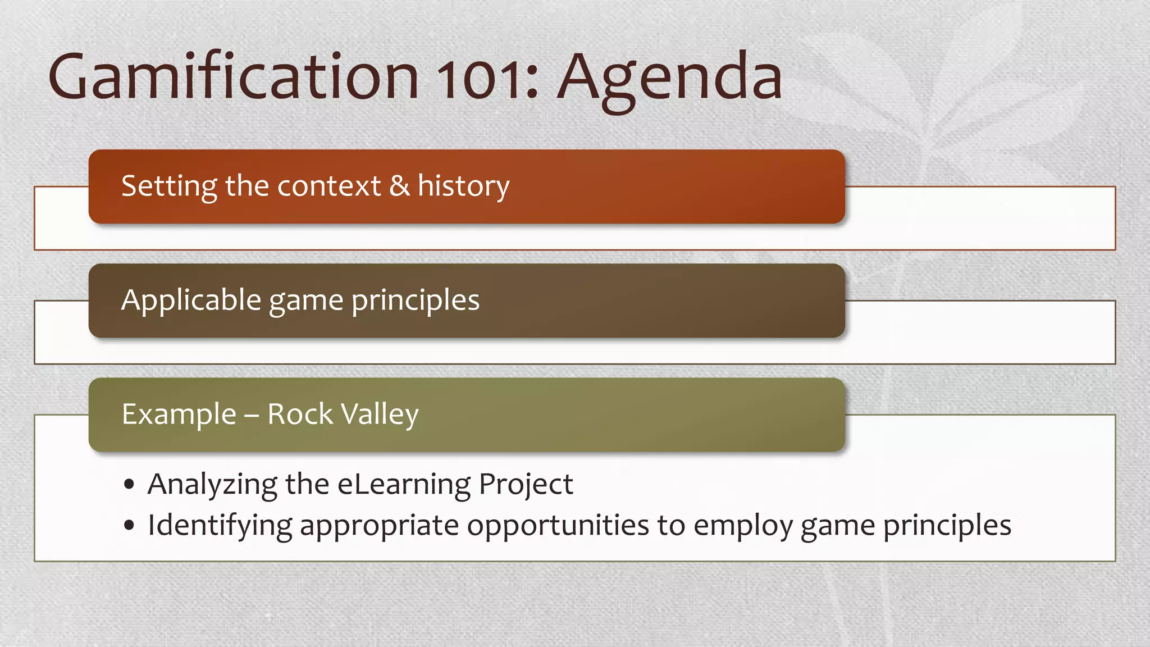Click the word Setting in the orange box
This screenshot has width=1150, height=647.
click(x=169, y=186)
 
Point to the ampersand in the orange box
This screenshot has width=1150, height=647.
click(x=399, y=186)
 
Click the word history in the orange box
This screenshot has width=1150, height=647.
click(x=463, y=186)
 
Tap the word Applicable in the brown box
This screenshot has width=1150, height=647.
click(x=191, y=300)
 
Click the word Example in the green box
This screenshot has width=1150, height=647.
click(x=179, y=414)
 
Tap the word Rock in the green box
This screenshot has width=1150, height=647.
click(x=300, y=414)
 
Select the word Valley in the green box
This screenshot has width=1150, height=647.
click(x=380, y=414)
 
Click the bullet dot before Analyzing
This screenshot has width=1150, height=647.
click(x=130, y=484)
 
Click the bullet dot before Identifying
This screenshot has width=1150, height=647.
click(x=130, y=526)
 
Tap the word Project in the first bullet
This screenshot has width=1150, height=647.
click(x=526, y=484)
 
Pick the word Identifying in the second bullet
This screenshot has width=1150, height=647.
click(x=220, y=526)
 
